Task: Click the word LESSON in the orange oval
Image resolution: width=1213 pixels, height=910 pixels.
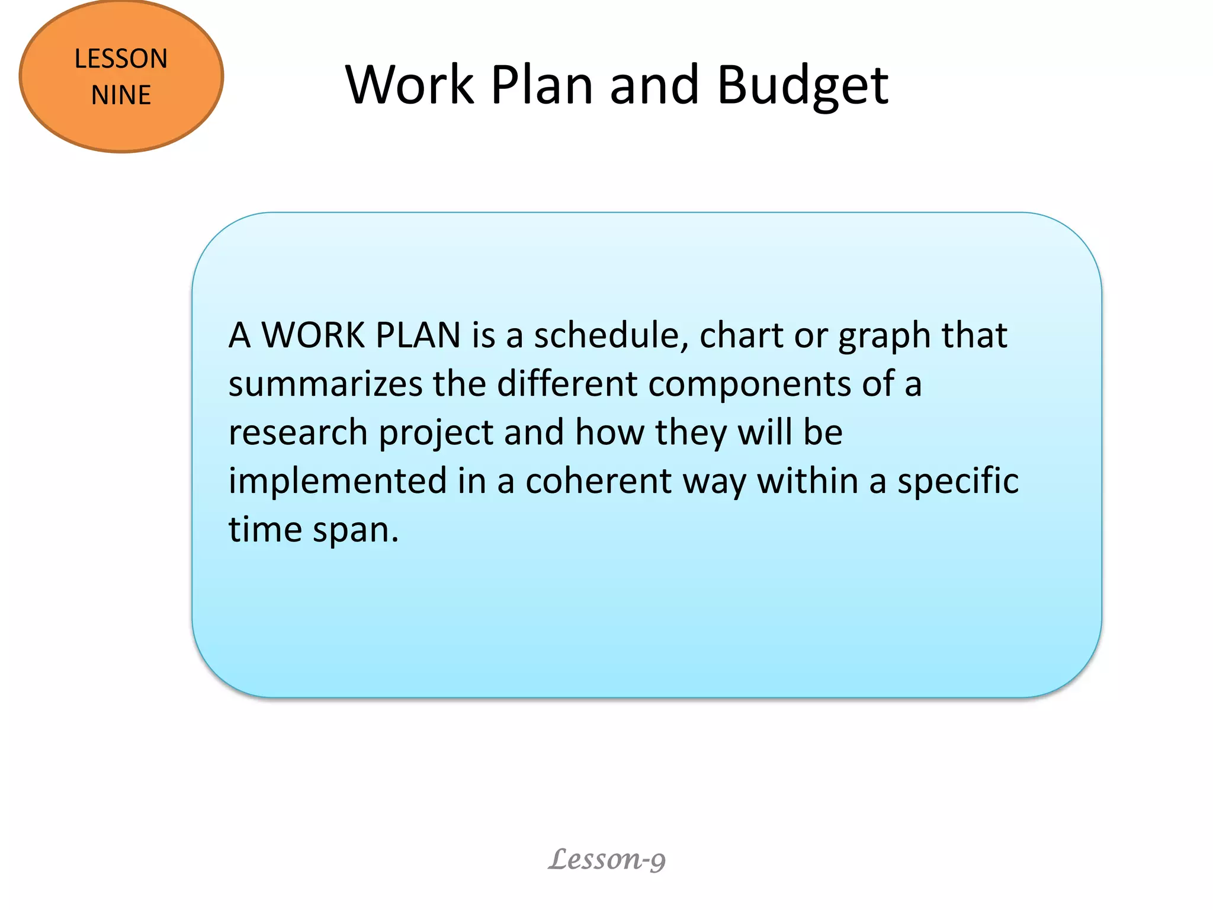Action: (121, 59)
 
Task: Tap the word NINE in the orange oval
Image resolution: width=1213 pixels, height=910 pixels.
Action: (121, 95)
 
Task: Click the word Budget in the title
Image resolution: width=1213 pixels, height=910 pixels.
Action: (803, 86)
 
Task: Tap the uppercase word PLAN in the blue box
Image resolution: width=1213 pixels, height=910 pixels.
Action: (418, 335)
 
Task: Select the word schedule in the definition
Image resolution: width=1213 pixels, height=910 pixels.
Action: (611, 335)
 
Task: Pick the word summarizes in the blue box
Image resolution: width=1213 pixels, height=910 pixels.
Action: (325, 384)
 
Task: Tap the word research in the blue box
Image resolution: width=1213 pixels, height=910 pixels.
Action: (298, 432)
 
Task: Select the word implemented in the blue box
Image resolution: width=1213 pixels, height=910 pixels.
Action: (338, 480)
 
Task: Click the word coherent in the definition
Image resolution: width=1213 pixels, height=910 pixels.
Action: (598, 480)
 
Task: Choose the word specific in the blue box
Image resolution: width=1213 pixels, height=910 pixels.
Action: (958, 482)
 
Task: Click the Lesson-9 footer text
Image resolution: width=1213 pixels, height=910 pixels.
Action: (606, 859)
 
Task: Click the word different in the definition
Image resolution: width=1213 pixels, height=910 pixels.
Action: (567, 383)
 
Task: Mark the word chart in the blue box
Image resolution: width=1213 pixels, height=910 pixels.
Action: (741, 335)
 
